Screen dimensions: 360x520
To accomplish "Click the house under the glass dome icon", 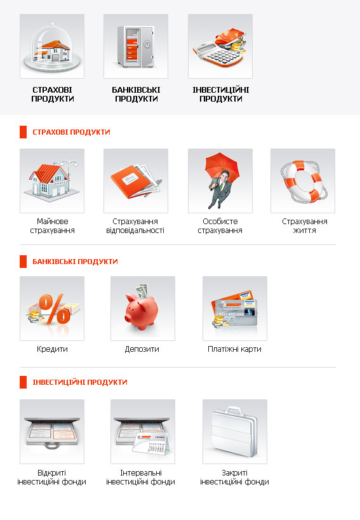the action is (52, 51).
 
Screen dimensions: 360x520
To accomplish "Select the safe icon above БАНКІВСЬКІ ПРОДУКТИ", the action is (135, 47).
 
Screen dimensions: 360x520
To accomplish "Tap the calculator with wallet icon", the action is (220, 48).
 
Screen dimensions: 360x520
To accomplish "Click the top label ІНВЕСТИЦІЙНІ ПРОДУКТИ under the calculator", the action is (221, 94).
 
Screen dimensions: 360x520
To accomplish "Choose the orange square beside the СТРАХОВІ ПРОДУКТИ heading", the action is (23, 132).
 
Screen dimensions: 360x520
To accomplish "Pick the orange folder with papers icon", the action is (136, 182).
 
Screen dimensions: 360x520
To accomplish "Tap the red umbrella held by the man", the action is (222, 165).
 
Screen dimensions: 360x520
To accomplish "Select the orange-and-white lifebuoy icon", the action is (303, 182).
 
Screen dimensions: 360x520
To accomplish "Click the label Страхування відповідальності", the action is (135, 226).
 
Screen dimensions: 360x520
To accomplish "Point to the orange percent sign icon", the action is (55, 309).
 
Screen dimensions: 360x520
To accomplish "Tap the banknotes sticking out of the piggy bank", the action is (142, 291).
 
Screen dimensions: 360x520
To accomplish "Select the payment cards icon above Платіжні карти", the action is (235, 309).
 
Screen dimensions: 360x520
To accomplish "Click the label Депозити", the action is (142, 349).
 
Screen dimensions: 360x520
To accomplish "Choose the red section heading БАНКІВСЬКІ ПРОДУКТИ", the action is (76, 262).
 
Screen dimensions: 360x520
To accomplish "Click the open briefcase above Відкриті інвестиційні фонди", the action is (52, 432).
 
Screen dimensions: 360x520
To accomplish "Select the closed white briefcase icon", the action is (234, 432).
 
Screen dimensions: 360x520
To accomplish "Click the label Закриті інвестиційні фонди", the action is (234, 477).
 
